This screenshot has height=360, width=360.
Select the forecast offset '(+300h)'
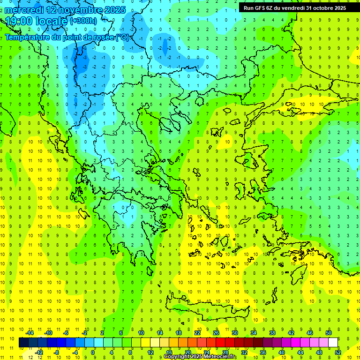pos(83,21)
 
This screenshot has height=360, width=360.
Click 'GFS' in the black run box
pos(262,8)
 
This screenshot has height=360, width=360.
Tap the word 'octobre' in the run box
pos(321,8)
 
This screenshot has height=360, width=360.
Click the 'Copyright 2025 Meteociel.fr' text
pos(200,357)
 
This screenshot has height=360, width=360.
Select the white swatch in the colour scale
pos(333,343)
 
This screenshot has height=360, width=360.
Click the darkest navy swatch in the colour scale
pos(24,343)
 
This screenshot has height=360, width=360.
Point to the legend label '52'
pos(338,352)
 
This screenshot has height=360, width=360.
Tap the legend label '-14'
pos(29,333)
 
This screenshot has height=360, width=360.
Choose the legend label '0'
pos(93,352)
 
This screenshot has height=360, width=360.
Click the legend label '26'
pos(216,333)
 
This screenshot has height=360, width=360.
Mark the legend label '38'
pos(272,333)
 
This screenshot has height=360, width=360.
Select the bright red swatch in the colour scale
pos(221,343)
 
